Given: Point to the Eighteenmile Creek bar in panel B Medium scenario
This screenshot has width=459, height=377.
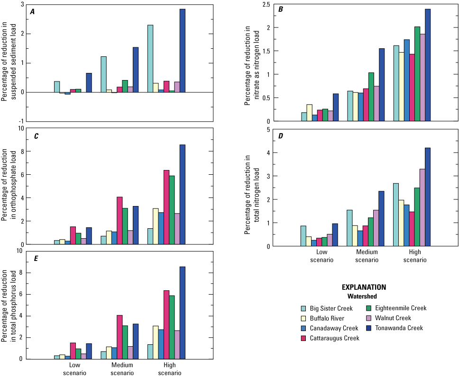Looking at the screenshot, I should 371,97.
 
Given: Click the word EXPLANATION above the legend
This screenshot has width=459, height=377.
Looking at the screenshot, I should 364,287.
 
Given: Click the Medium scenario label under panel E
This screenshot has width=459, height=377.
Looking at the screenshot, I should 122,369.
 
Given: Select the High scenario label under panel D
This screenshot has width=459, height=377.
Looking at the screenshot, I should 415,256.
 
